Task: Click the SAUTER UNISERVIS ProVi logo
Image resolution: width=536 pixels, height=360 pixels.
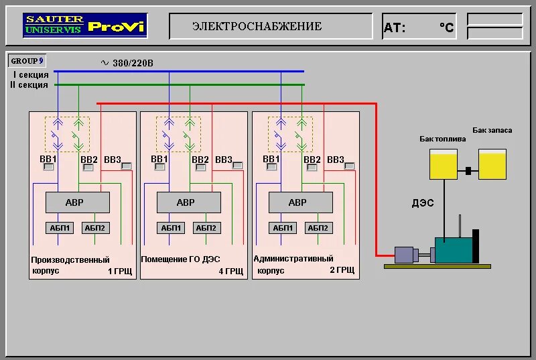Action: coord(85,26)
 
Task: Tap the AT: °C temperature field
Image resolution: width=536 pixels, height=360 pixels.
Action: coord(419,27)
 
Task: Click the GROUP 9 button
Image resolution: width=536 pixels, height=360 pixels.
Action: coord(27,61)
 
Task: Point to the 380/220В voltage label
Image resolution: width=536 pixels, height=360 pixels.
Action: coord(127,63)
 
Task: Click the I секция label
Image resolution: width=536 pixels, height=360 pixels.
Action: coord(31,75)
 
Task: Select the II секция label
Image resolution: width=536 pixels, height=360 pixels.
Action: coord(29,85)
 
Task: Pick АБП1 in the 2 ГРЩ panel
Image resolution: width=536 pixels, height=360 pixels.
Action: coord(282,228)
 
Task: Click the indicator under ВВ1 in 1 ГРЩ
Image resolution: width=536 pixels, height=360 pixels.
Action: coord(48,167)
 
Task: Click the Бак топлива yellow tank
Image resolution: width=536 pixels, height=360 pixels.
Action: coord(443,164)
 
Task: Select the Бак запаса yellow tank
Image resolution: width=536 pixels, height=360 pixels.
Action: coord(492,164)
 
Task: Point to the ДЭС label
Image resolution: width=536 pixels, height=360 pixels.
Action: coord(423,203)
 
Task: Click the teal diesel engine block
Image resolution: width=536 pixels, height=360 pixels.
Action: coord(453,249)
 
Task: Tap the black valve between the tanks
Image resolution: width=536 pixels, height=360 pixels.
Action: coord(468,171)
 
